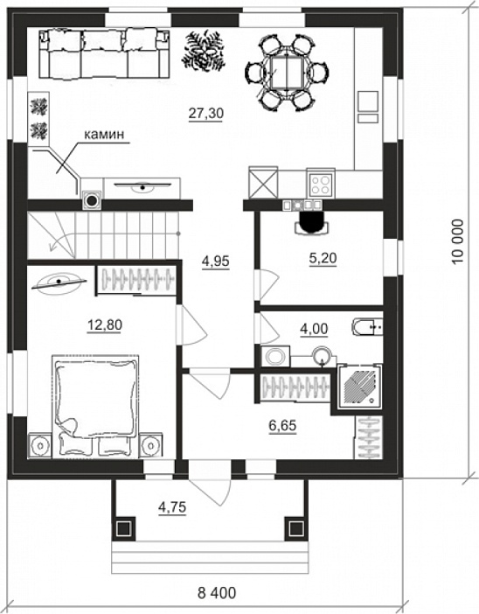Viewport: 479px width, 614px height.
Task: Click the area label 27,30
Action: point(205,114)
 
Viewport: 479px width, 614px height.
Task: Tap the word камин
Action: point(104,135)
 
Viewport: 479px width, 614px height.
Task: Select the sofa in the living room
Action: point(104,55)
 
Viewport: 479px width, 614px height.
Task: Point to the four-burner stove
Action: point(321,185)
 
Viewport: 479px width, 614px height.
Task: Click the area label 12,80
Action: point(105,325)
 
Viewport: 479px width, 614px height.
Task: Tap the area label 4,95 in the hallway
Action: point(215,262)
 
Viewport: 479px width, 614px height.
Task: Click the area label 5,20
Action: point(323,258)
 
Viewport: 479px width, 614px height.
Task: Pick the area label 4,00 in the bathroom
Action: point(314,329)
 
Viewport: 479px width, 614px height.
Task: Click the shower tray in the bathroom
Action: point(359,386)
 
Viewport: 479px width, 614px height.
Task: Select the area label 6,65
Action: point(282,426)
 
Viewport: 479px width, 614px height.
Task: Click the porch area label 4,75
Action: point(172,508)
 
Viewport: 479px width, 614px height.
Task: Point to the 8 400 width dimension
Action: point(217,593)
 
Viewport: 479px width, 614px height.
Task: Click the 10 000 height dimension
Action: point(457,241)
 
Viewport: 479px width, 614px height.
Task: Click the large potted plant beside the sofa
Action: point(204,52)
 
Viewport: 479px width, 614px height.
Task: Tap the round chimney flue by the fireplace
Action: point(92,201)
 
